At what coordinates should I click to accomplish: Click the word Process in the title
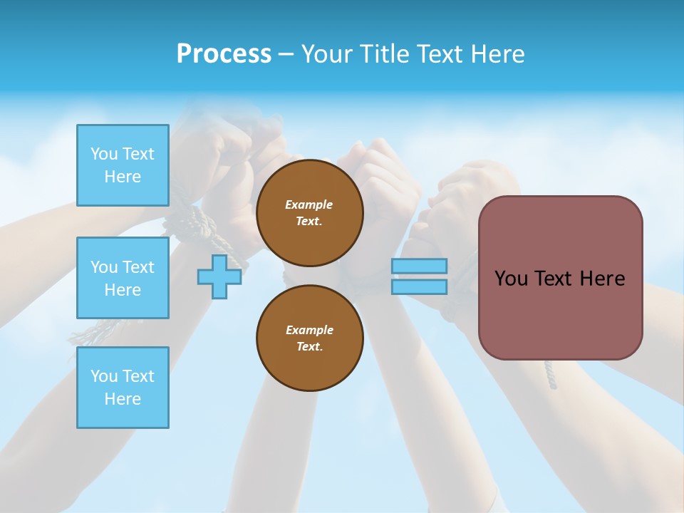tap(224, 54)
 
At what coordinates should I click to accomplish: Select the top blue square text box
tap(123, 165)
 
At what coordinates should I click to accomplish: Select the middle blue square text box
tap(123, 278)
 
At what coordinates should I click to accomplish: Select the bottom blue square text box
tap(123, 387)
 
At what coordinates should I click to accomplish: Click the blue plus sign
tap(219, 277)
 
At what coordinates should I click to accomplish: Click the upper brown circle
tap(309, 213)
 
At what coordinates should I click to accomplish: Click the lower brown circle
tap(309, 338)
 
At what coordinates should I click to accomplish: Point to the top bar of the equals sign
tap(419, 266)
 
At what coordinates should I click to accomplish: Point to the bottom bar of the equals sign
tap(419, 286)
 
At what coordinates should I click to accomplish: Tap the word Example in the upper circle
tap(309, 204)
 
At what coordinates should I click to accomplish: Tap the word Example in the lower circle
tap(309, 330)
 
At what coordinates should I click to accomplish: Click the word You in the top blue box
tap(104, 154)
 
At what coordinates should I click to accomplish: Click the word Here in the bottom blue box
tap(123, 399)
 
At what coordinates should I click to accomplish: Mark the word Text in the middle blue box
tap(138, 267)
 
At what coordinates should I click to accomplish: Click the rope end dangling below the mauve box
tap(550, 375)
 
